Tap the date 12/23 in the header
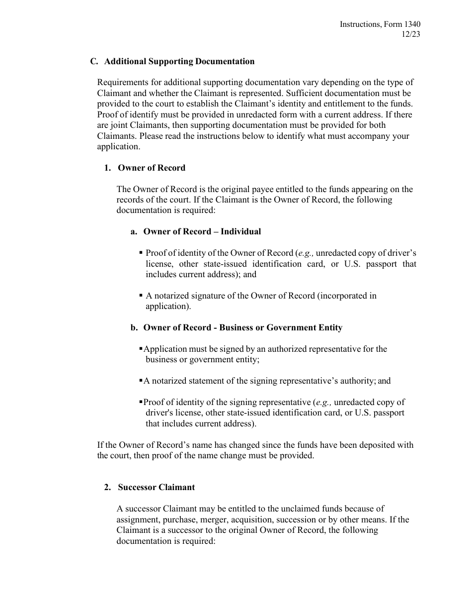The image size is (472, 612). [411, 34]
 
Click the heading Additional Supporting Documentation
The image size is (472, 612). [179, 62]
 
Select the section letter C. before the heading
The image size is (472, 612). [94, 62]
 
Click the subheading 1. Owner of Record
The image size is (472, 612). [145, 168]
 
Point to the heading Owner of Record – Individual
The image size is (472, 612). [202, 231]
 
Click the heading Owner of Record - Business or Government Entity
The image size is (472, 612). [242, 327]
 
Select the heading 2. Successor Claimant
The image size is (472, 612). [150, 487]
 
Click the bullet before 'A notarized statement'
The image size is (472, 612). [141, 381]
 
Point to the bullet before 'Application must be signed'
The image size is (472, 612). [141, 349]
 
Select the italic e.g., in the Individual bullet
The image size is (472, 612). [305, 253]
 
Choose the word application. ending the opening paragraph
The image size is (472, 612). [119, 146]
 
